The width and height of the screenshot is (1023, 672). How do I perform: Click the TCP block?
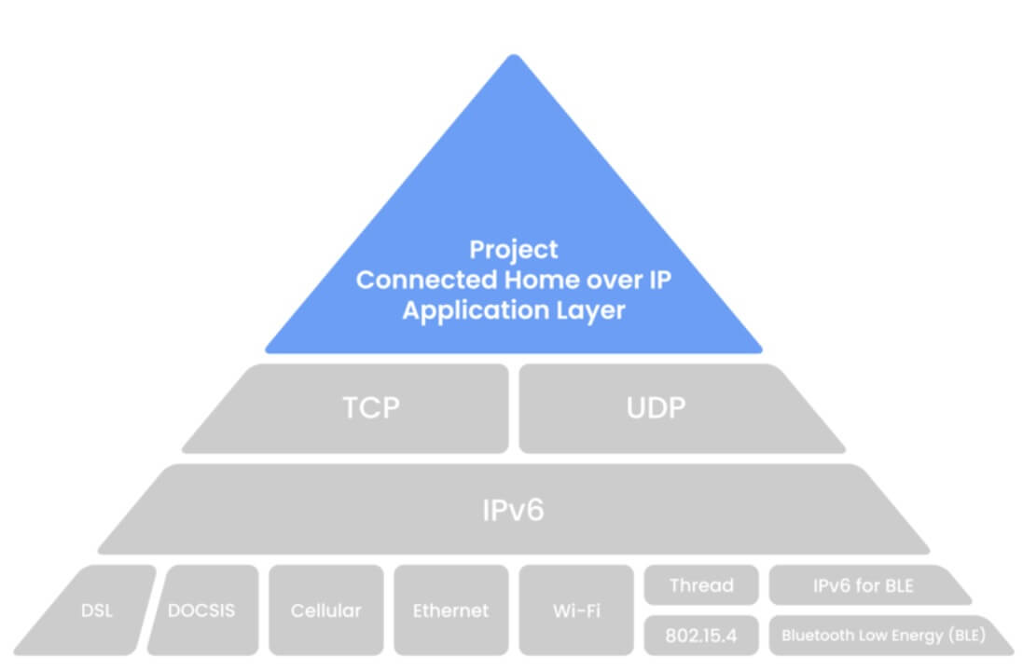(x=371, y=408)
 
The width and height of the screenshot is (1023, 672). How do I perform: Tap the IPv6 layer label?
(x=512, y=510)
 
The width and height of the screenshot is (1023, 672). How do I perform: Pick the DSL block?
(x=97, y=611)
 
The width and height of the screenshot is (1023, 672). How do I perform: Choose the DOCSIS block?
(x=201, y=611)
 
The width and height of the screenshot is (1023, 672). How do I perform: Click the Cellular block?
(x=325, y=611)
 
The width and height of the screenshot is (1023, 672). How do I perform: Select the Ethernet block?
(x=450, y=611)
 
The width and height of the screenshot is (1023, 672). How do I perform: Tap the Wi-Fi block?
(x=575, y=611)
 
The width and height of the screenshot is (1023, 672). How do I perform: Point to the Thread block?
(x=701, y=585)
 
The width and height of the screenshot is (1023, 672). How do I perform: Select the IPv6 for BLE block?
(x=863, y=585)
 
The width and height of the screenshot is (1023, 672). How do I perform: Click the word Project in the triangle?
(x=514, y=250)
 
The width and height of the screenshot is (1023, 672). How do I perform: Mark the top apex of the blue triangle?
(x=512, y=57)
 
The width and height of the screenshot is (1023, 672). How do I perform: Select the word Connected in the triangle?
(x=417, y=281)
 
